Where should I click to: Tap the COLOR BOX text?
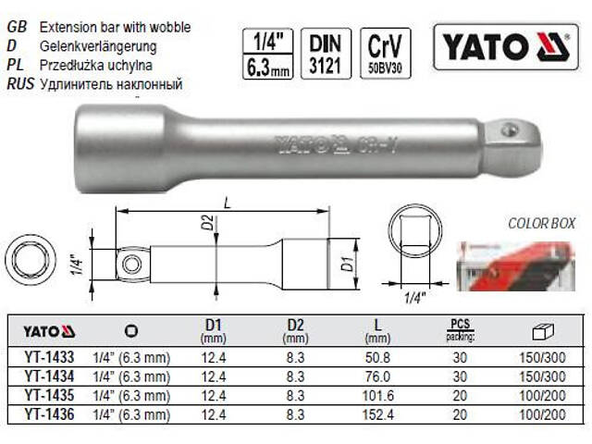pos(541,223)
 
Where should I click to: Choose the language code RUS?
pos(18,84)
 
